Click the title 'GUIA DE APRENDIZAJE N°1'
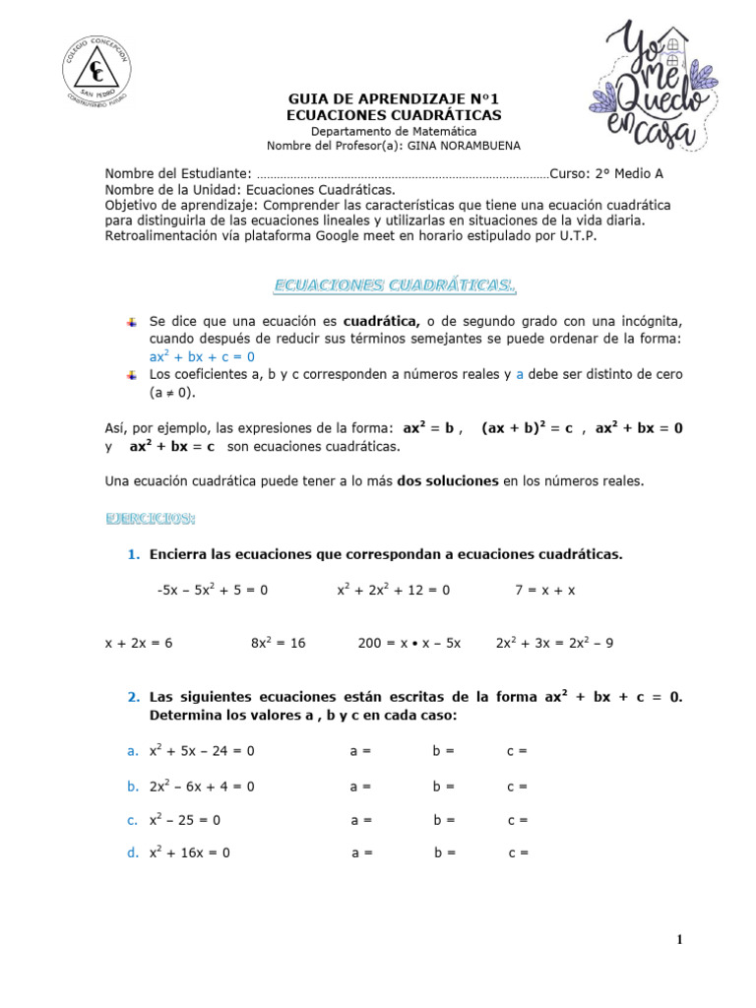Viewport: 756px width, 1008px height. [394, 99]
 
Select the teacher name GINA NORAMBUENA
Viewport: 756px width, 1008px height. [478, 146]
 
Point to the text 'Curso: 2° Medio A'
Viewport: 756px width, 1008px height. [608, 173]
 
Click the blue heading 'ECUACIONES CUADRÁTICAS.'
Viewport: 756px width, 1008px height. [394, 286]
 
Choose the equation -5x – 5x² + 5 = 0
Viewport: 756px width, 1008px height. [212, 591]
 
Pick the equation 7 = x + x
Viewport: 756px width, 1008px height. [544, 591]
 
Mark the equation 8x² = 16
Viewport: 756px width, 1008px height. [279, 643]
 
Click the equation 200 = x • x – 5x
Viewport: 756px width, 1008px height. [409, 643]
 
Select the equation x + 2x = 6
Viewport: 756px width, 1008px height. [139, 643]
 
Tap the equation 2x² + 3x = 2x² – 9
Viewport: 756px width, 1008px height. [554, 643]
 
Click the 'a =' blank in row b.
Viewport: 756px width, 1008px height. [360, 787]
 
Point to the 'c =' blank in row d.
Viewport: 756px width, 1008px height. [519, 853]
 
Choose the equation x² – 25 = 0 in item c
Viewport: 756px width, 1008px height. [185, 820]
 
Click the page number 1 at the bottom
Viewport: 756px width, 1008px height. [679, 940]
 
